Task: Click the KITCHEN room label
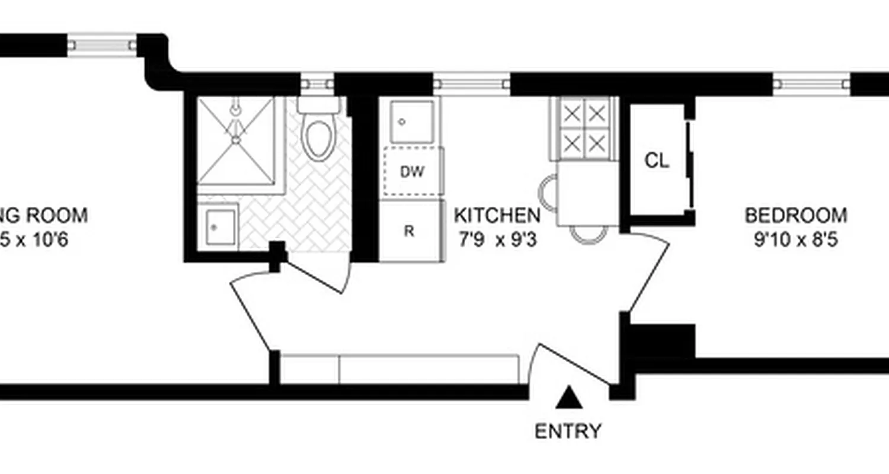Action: click(x=497, y=214)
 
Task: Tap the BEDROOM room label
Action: click(x=795, y=214)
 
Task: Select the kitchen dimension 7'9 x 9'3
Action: click(x=497, y=241)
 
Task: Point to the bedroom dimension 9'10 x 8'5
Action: click(x=795, y=241)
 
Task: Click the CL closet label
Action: click(x=657, y=161)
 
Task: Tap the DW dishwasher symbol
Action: click(x=412, y=172)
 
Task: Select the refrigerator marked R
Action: click(x=410, y=231)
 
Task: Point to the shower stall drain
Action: click(x=236, y=140)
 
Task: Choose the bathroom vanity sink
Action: click(x=218, y=226)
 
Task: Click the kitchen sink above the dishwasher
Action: click(x=411, y=121)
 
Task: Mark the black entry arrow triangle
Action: click(x=568, y=398)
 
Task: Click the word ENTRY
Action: click(x=568, y=431)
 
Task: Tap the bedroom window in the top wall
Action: click(x=811, y=84)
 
